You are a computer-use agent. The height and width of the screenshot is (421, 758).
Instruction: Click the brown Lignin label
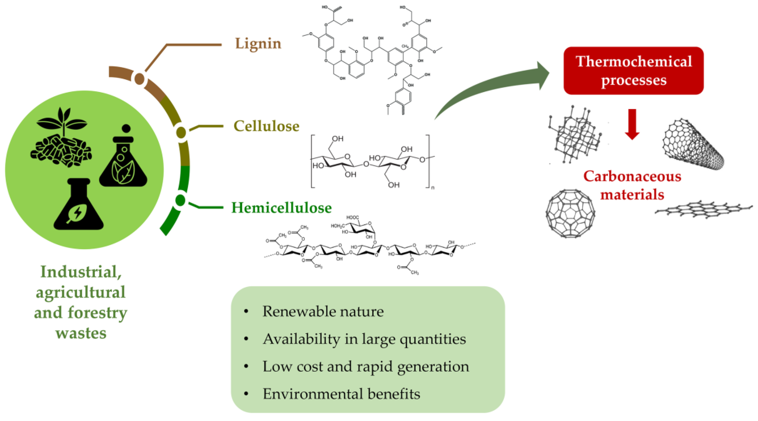click(258, 44)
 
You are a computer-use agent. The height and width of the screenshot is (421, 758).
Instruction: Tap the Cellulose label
click(266, 126)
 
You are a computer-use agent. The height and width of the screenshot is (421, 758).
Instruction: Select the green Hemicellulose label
click(281, 208)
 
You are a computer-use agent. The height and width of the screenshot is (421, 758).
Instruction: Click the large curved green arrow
click(494, 88)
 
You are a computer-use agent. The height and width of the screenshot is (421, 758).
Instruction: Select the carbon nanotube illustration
click(693, 144)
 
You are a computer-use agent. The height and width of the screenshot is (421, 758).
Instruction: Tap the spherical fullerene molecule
click(570, 213)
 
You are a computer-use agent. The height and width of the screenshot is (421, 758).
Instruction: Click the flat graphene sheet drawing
click(703, 210)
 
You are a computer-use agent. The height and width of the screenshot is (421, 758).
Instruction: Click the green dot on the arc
click(180, 201)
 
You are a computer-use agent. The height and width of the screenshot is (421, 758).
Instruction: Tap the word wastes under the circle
click(81, 334)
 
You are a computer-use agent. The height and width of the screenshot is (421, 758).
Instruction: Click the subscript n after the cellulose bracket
click(433, 188)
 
